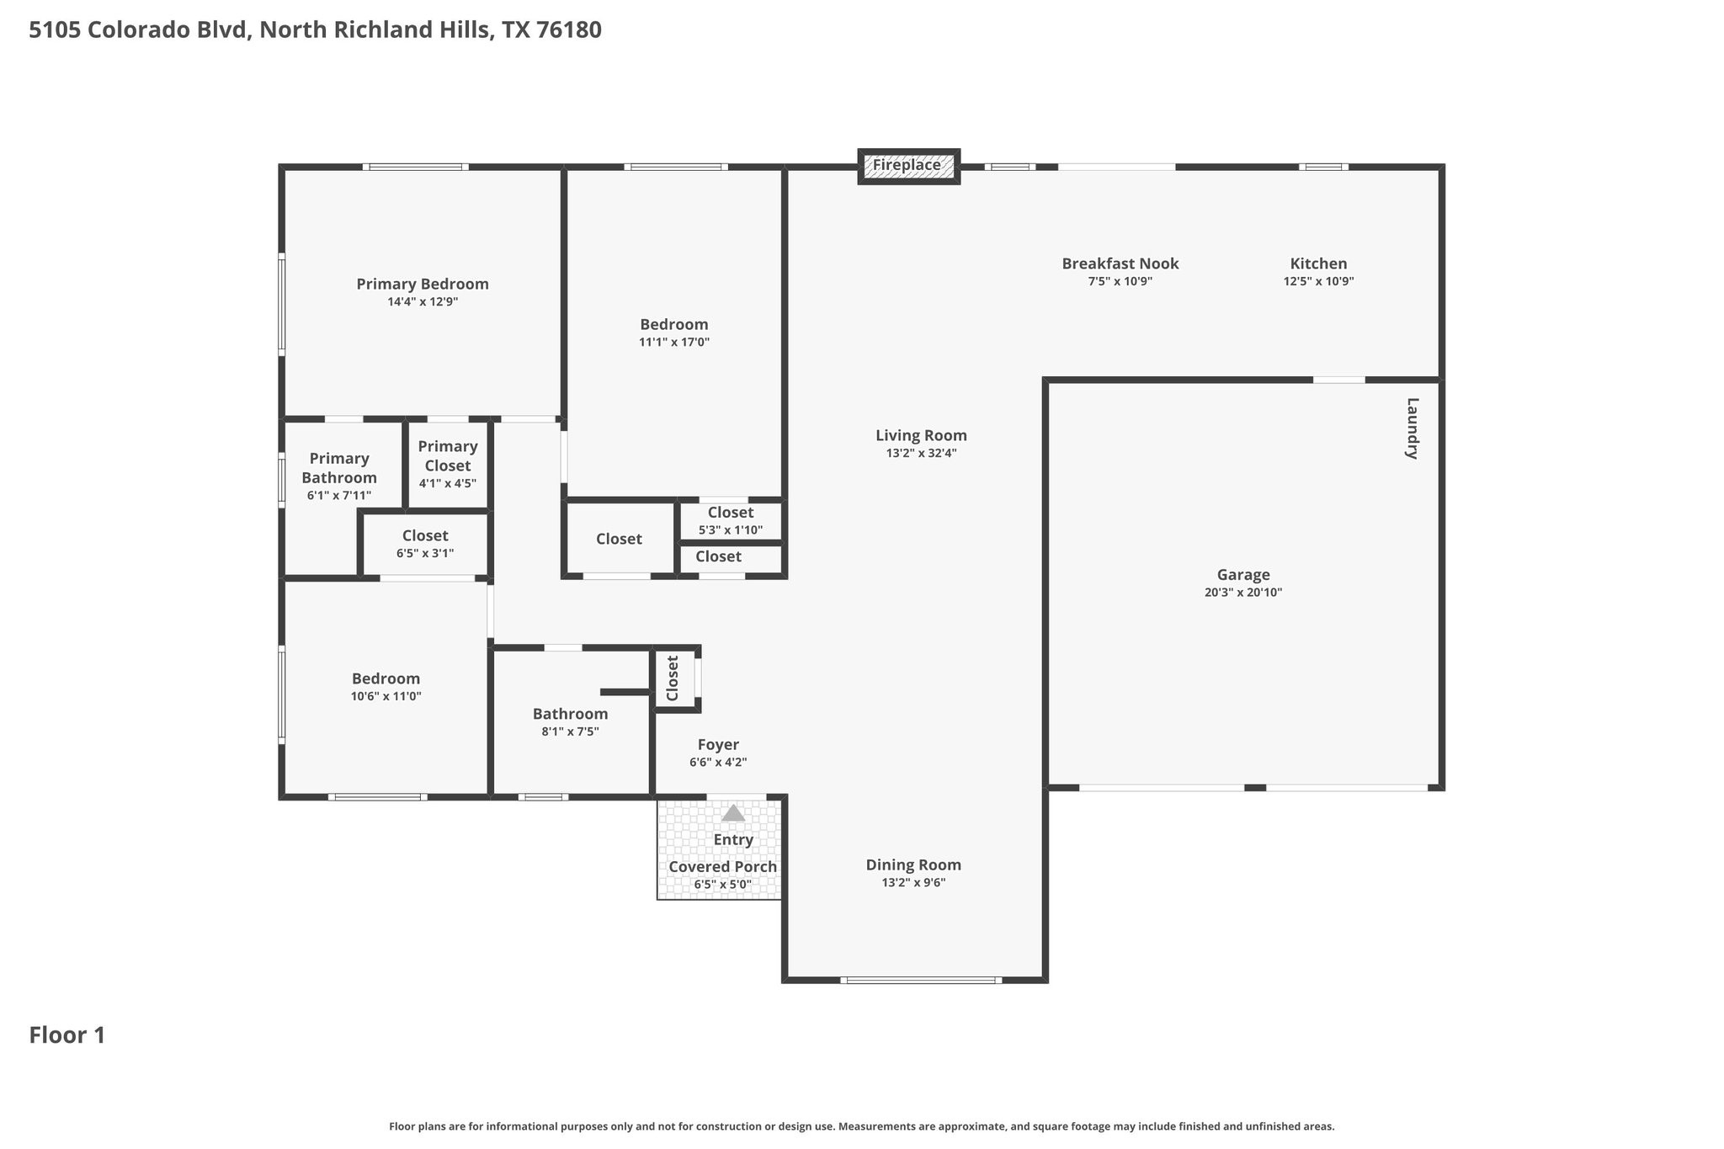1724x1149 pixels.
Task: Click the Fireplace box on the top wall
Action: (x=908, y=166)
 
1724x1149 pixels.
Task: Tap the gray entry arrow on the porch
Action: (x=733, y=813)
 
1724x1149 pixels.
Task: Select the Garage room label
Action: (x=1243, y=575)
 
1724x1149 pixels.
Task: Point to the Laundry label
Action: (x=1413, y=428)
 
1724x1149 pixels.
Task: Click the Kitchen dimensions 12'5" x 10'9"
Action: (x=1318, y=281)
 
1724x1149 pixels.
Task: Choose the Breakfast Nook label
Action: (x=1120, y=263)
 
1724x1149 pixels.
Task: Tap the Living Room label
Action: (x=921, y=435)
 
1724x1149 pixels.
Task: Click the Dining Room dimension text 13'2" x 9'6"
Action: (x=913, y=882)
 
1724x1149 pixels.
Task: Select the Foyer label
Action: (x=718, y=745)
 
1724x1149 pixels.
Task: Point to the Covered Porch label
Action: (x=722, y=867)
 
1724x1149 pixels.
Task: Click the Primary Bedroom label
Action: (x=423, y=284)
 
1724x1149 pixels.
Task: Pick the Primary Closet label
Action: (x=448, y=456)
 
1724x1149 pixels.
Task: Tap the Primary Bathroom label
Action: (x=339, y=468)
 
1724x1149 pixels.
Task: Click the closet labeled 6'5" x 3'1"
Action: (x=425, y=544)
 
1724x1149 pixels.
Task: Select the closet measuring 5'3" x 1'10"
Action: (x=731, y=521)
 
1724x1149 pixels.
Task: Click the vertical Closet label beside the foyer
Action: (x=673, y=678)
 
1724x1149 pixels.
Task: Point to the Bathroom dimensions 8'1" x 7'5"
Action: (x=570, y=731)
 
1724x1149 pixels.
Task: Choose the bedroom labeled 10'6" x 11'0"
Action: (x=386, y=687)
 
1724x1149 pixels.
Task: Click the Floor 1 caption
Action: (x=67, y=1035)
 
